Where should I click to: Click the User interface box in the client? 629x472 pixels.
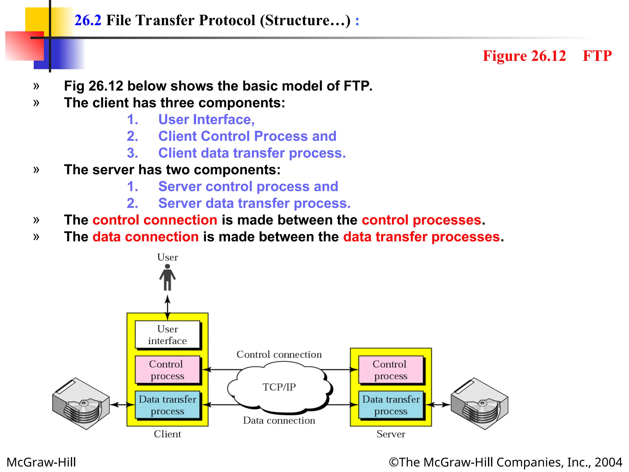click(167, 335)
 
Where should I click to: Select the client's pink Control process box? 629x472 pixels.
click(167, 370)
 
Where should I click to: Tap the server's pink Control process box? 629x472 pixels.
click(390, 370)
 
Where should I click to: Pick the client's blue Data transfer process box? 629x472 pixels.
click(167, 405)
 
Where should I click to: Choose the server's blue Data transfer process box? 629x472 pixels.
click(391, 405)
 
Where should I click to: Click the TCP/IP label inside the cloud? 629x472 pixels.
click(279, 387)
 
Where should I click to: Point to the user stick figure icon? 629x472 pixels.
click(167, 277)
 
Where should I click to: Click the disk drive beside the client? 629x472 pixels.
click(81, 404)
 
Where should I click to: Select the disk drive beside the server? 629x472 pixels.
click(479, 404)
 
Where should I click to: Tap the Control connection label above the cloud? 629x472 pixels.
click(279, 355)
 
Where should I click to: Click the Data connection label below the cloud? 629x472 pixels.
click(279, 420)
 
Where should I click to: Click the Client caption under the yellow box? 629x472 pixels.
click(167, 434)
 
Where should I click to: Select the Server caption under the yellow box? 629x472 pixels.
click(391, 434)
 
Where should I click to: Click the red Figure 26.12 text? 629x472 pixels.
click(524, 56)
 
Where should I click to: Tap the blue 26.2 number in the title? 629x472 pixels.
click(88, 20)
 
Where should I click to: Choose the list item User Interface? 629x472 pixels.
click(206, 120)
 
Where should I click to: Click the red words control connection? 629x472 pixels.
click(155, 220)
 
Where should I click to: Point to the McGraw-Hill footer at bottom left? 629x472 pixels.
click(41, 462)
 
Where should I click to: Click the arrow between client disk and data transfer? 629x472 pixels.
click(123, 405)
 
